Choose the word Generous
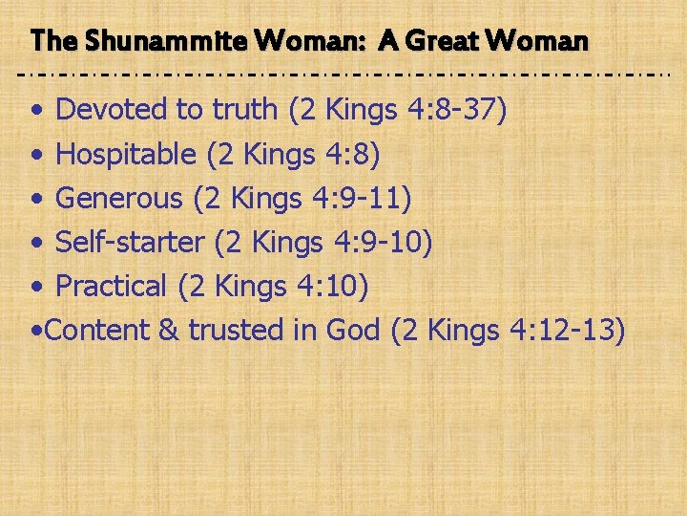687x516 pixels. click(119, 198)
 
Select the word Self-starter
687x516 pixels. click(130, 242)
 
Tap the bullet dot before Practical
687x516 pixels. click(35, 288)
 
